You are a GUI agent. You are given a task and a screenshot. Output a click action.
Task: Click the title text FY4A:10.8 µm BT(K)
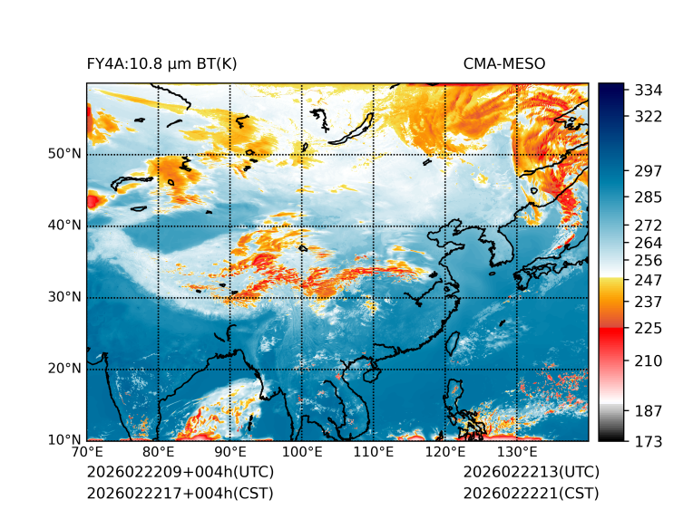(161, 63)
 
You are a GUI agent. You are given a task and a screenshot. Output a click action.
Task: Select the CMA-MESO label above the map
(504, 63)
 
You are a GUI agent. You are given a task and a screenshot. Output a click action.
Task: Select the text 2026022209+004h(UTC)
(180, 473)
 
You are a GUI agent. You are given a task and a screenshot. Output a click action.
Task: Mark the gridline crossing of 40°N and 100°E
(302, 226)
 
